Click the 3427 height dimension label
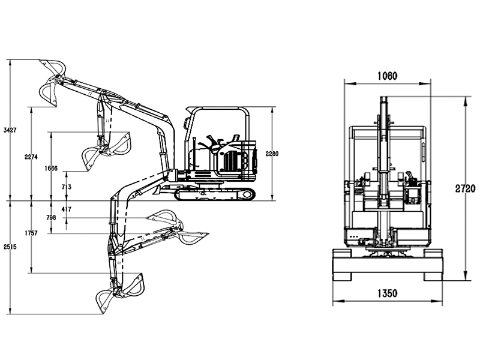[x=10, y=130]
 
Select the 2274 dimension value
[x=31, y=157]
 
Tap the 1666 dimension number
[x=51, y=168]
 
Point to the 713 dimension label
[x=67, y=187]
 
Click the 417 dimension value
[x=67, y=209]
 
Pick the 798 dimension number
[x=51, y=218]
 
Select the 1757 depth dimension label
[x=31, y=233]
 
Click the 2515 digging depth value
[x=10, y=247]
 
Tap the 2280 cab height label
[x=272, y=154]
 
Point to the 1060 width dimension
[x=387, y=76]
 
